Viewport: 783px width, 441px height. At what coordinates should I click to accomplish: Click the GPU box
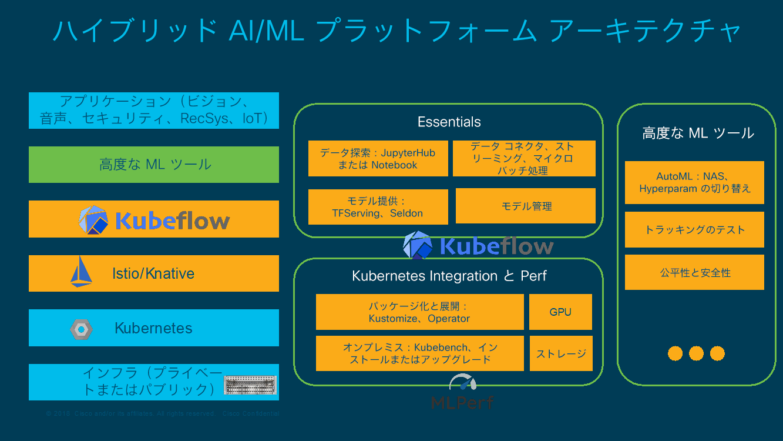[x=560, y=312]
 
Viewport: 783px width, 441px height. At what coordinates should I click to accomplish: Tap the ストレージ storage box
[x=561, y=353]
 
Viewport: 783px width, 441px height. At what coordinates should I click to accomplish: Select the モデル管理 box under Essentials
[x=526, y=206]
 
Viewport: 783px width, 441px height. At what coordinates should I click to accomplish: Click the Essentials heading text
[x=449, y=122]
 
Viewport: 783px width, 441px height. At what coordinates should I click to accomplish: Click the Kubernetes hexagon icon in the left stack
[x=81, y=329]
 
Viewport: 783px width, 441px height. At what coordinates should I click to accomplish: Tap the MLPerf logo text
[x=462, y=402]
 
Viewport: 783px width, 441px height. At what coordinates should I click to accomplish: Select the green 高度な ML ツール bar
[x=154, y=165]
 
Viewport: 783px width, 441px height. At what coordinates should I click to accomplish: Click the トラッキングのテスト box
[x=694, y=229]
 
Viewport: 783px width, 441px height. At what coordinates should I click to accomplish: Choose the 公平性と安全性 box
[x=694, y=272]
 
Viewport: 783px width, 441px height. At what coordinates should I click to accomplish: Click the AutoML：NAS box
[x=694, y=182]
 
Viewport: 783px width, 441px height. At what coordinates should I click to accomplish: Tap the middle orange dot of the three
[x=696, y=353]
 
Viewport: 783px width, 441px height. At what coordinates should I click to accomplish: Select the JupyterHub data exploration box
[x=378, y=159]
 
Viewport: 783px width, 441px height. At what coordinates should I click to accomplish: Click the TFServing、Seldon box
[x=378, y=207]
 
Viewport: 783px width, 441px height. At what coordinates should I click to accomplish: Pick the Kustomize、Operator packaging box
[x=419, y=312]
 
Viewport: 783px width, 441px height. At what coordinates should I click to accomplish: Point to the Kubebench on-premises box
[x=419, y=353]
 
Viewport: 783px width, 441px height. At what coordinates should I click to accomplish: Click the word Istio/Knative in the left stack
[x=153, y=273]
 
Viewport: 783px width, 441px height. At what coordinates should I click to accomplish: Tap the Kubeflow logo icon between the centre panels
[x=418, y=245]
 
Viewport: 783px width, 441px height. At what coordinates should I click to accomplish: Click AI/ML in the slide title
[x=267, y=31]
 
